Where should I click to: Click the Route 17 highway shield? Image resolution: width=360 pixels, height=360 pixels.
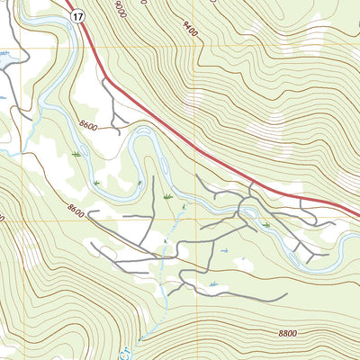coord(79,15)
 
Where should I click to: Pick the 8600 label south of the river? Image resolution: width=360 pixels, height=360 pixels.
coord(76,209)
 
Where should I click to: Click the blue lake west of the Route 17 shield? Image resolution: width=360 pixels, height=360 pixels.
coord(7,56)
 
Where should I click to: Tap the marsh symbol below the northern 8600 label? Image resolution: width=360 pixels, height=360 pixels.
coord(76,155)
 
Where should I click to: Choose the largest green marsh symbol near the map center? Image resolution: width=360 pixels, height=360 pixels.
coord(168,195)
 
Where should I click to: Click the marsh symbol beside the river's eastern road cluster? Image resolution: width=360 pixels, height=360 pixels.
coord(266,225)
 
